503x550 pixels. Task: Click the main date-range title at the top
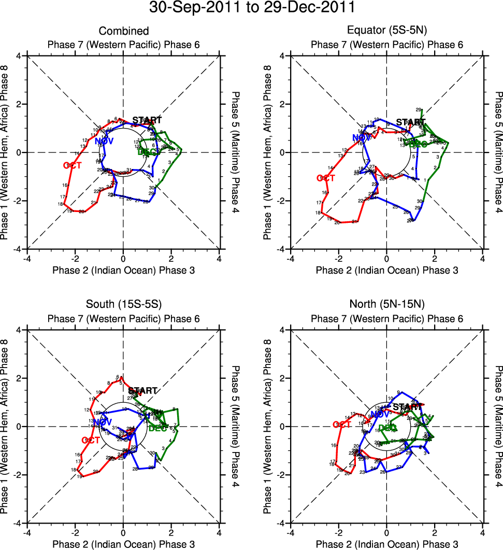251,8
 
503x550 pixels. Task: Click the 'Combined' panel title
123,32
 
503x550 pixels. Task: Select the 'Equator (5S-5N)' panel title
387,32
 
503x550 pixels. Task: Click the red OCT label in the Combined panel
72,165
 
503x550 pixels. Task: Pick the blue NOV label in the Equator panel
362,138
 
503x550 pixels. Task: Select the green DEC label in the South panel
157,428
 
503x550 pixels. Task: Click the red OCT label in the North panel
342,425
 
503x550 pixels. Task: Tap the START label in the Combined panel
147,120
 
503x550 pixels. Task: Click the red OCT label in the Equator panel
326,178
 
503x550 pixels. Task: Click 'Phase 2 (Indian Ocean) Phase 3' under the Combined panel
123,270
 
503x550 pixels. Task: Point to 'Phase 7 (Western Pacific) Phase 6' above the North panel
387,319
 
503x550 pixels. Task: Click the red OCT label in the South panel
90,440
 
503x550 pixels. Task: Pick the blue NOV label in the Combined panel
104,141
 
